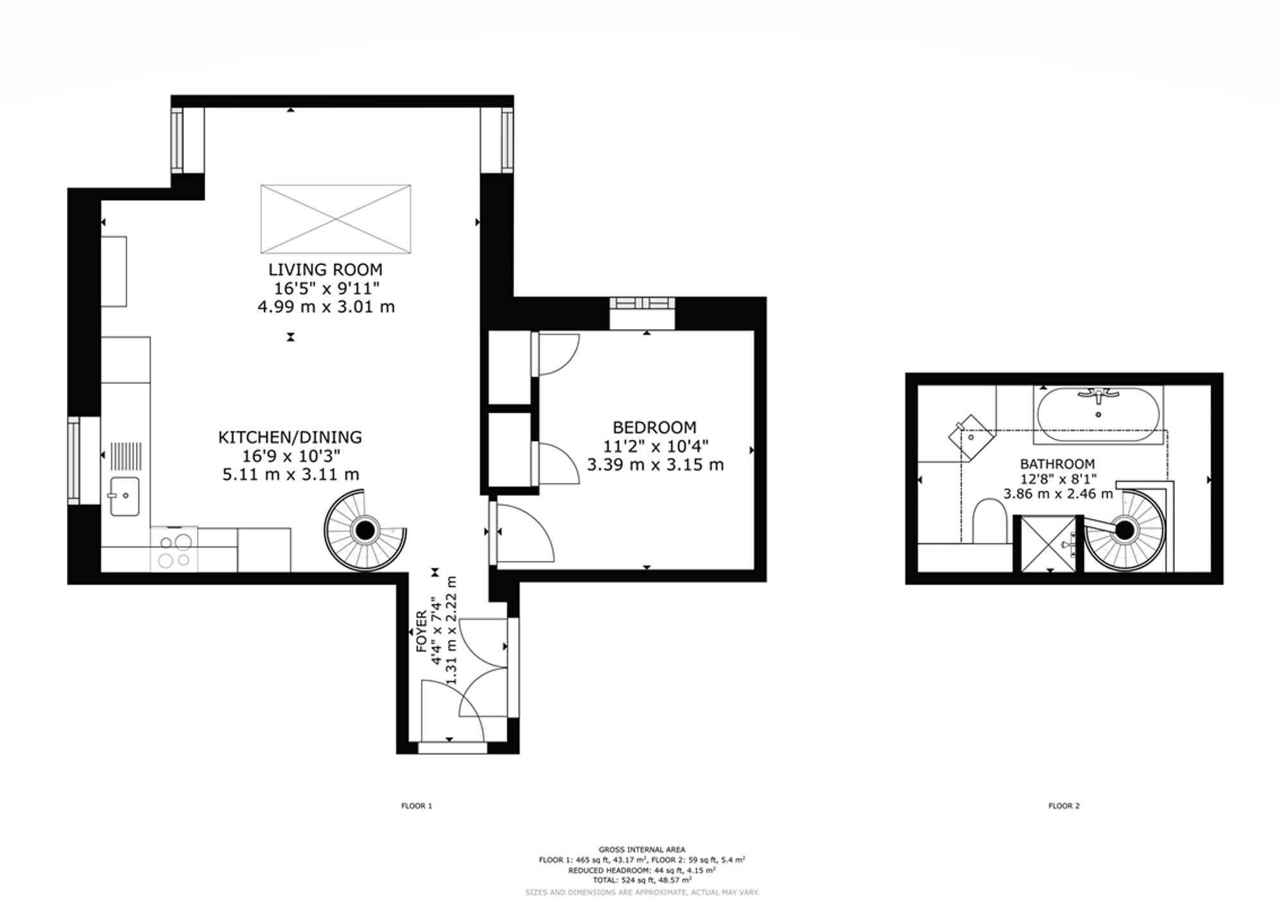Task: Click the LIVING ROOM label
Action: [325, 270]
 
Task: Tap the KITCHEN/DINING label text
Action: [290, 438]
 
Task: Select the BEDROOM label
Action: [655, 427]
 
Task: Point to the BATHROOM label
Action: [1057, 464]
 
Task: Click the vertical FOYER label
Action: [422, 632]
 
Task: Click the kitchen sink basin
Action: [125, 496]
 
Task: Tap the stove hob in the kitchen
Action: [175, 549]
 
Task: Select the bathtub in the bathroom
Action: [1098, 414]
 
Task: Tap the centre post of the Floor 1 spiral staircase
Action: [365, 530]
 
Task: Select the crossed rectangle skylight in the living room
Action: [336, 219]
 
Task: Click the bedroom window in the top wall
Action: [643, 304]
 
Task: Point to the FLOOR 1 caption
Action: [417, 806]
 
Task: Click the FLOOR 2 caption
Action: [1064, 806]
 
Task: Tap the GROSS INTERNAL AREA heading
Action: [642, 850]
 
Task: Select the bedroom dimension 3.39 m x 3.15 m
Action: [655, 465]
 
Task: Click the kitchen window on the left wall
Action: [74, 460]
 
